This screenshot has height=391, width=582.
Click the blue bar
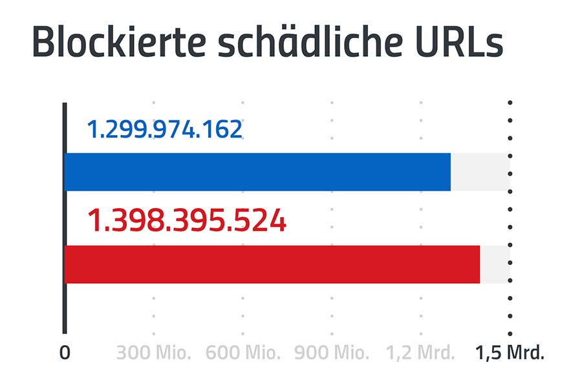(257, 172)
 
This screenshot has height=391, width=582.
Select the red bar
(272, 264)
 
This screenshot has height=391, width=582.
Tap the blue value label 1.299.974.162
(164, 129)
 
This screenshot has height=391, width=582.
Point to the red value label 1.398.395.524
(186, 222)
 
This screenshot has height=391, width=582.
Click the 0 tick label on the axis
(64, 353)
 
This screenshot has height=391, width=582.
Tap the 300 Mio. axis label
(154, 353)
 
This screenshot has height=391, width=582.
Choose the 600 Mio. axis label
(243, 353)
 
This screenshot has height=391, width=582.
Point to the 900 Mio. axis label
(332, 353)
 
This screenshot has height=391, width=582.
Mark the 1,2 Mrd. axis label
(421, 353)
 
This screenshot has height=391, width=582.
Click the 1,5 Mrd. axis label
(510, 353)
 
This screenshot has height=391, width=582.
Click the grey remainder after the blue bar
(480, 172)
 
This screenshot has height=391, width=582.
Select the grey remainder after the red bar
(495, 264)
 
